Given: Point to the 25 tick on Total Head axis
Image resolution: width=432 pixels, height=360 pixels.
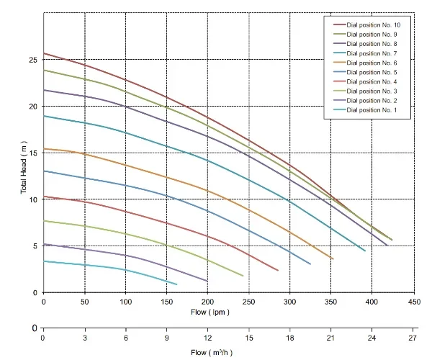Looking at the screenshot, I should tap(33, 60).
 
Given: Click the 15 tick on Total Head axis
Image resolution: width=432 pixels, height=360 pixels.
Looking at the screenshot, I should tap(33, 153).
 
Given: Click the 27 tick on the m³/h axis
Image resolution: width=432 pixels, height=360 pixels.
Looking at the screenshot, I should tap(413, 337).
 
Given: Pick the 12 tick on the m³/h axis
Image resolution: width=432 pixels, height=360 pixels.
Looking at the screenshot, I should tap(207, 337).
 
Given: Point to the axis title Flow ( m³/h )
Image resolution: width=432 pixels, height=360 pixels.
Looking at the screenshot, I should tap(212, 353).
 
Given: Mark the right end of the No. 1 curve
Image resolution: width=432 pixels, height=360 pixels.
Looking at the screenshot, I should tap(176, 284).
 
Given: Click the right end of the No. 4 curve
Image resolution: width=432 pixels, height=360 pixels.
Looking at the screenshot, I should tap(278, 271).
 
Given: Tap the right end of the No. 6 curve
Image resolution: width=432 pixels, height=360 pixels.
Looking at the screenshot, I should tap(333, 258).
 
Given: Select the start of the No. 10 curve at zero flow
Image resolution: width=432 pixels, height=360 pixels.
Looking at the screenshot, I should tap(44, 53).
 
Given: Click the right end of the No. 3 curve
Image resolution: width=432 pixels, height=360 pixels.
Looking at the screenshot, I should tap(243, 276).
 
